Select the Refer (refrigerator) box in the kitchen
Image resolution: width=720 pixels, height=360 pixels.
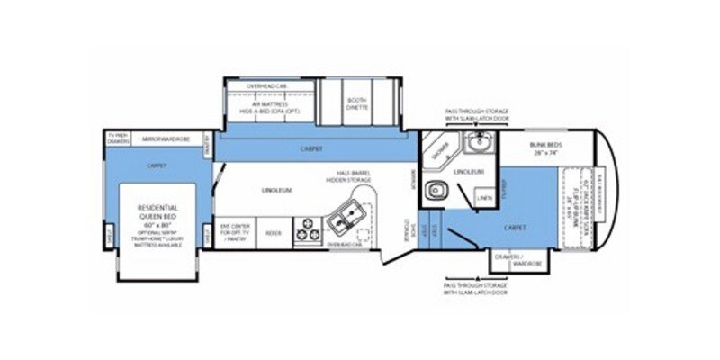274,231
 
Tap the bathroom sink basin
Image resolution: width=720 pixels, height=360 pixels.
480,142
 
